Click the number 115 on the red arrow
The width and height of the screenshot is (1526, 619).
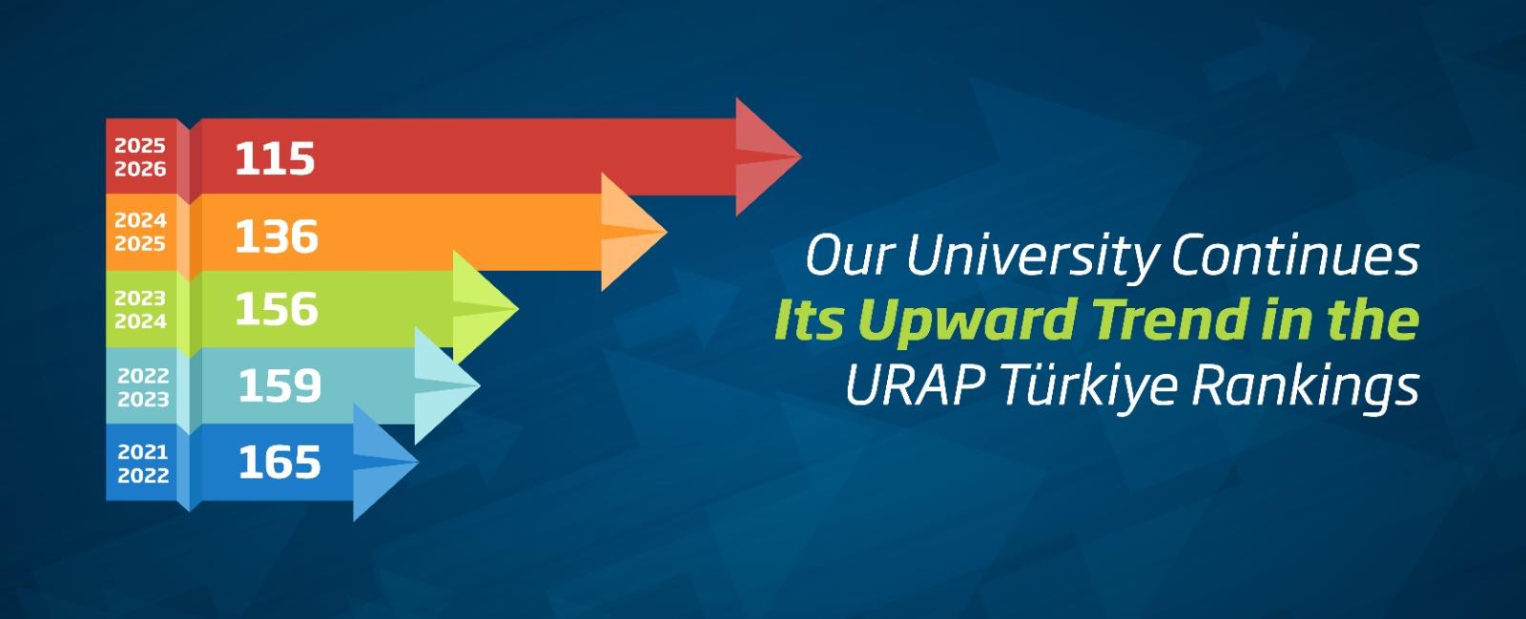pos(276,158)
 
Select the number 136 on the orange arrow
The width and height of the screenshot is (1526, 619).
pos(277,237)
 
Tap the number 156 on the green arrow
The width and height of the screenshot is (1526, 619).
pos(277,308)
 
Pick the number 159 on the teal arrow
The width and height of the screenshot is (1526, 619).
pos(280,385)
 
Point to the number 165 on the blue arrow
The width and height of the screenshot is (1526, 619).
pos(280,463)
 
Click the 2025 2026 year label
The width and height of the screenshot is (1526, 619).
pos(140,157)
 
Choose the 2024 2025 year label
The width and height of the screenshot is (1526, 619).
pos(140,232)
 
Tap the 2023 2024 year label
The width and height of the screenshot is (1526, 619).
pos(140,310)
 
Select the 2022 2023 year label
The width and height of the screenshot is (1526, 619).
pos(143,387)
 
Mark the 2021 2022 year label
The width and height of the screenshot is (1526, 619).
pos(143,464)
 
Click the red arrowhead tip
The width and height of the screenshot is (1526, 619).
pos(802,156)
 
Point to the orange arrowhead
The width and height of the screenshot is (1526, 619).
pos(633,232)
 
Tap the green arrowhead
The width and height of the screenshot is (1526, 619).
pos(485,308)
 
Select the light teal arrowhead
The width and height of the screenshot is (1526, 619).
pos(447,385)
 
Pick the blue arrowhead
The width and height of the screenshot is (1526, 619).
pos(385,463)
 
